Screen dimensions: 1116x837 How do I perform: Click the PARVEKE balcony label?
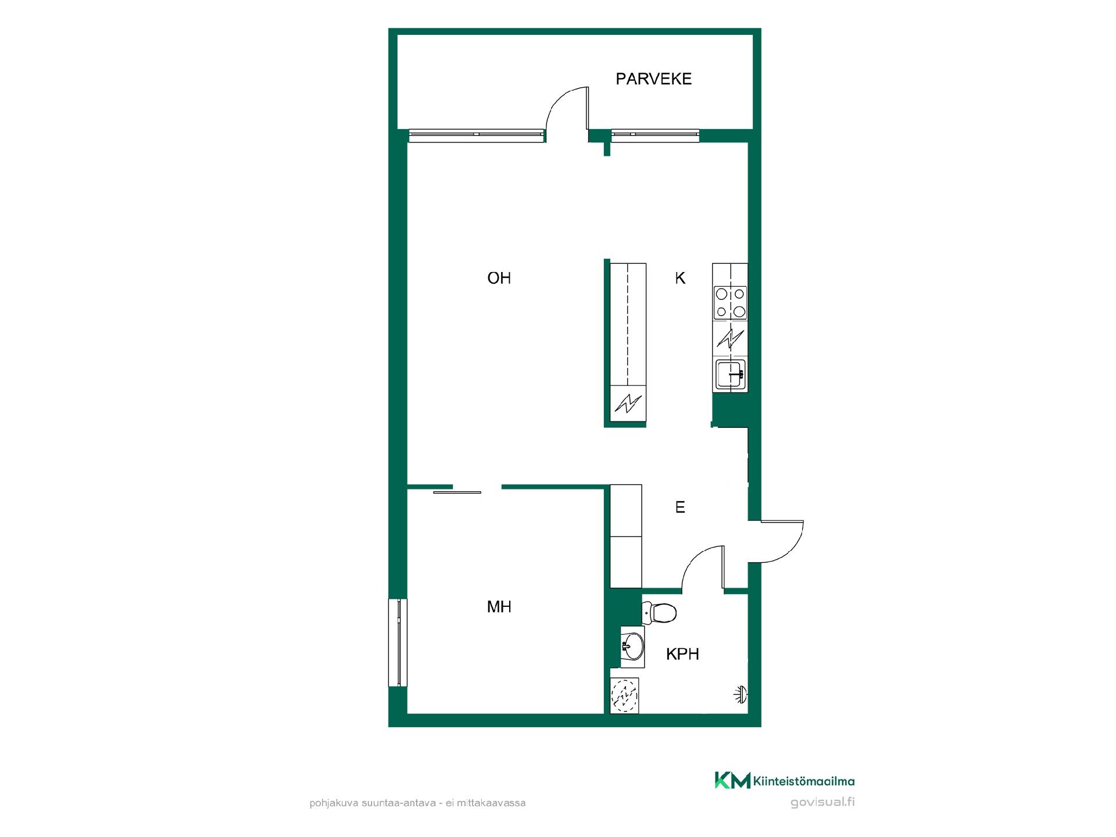653,79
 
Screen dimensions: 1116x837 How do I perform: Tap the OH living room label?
499,278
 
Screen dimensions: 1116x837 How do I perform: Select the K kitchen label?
680,278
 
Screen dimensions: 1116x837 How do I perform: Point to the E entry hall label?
680,507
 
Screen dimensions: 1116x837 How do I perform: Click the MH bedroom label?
499,607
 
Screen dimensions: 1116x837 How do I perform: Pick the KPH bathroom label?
682,654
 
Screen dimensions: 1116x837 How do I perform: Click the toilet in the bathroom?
659,613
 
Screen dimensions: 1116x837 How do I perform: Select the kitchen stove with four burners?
731,303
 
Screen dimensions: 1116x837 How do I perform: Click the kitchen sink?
731,375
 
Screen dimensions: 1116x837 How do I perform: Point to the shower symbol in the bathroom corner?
740,694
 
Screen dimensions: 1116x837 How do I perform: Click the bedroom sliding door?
457,492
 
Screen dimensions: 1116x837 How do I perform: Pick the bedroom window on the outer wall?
398,643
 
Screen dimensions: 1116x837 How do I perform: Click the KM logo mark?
732,781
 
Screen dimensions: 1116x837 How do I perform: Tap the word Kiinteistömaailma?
804,781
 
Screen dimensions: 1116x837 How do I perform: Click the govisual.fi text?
822,803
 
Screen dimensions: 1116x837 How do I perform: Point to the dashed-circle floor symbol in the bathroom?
625,695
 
